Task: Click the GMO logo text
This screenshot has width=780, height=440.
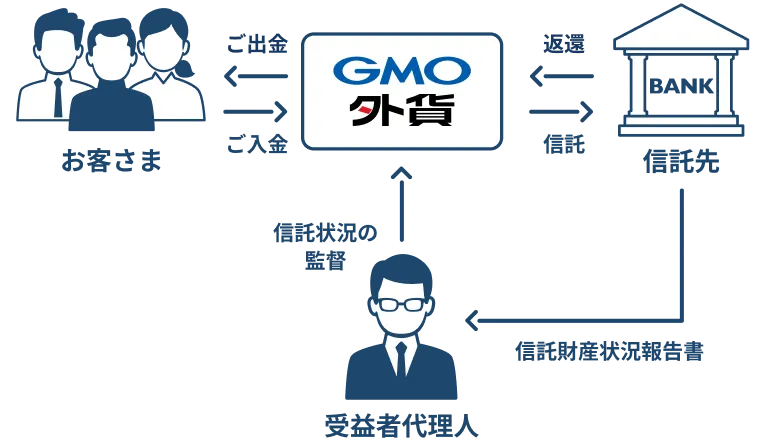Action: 402,71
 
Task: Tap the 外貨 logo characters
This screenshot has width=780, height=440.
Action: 401,109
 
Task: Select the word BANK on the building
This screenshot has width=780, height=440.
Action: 681,87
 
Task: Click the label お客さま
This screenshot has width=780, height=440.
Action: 111,161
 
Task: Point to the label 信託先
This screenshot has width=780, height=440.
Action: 681,162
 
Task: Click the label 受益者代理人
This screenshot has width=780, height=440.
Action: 401,426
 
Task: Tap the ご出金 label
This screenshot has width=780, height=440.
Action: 257,44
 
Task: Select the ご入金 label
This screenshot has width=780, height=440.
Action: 257,144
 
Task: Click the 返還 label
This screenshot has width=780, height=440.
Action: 564,44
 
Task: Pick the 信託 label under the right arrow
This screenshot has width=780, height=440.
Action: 564,144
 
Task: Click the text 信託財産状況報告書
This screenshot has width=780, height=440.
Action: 609,351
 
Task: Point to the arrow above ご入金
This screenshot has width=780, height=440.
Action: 256,111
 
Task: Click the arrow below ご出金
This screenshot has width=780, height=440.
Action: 256,77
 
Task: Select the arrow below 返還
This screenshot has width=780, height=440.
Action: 562,77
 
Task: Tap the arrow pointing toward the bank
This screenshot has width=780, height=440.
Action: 562,111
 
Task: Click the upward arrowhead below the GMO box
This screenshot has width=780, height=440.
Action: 402,173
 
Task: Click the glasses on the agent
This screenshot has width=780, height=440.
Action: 401,304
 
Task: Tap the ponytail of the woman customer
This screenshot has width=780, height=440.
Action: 185,69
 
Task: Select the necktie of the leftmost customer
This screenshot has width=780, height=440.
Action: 58,97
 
